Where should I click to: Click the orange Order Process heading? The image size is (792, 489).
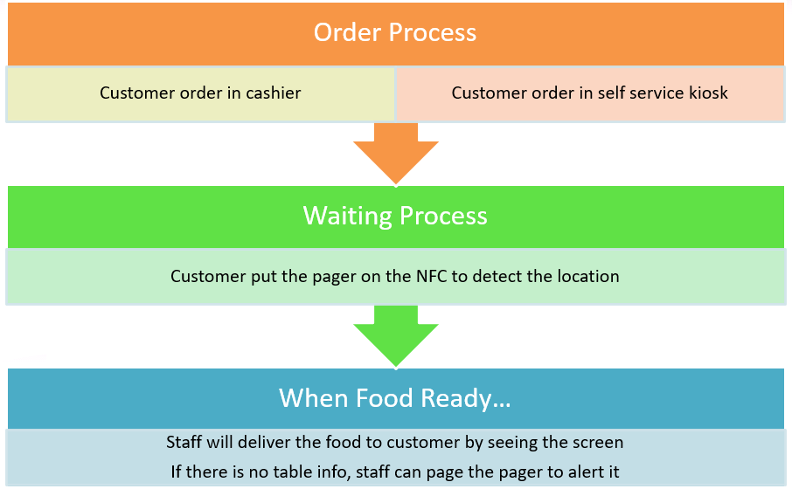pyautogui.click(x=395, y=32)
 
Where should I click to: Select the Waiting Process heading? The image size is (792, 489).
pyautogui.click(x=395, y=216)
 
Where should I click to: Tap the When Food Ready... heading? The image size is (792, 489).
pyautogui.click(x=395, y=398)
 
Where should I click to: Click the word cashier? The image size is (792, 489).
pyautogui.click(x=274, y=93)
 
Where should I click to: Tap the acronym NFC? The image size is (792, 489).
pyautogui.click(x=432, y=277)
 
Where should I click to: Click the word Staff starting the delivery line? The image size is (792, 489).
pyautogui.click(x=183, y=442)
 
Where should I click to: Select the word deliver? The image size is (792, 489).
pyautogui.click(x=264, y=442)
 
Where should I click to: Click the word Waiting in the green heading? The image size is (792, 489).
pyautogui.click(x=348, y=216)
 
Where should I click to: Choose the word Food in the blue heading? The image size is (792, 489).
pyautogui.click(x=385, y=398)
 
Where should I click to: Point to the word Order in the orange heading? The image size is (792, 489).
pyautogui.click(x=348, y=32)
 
